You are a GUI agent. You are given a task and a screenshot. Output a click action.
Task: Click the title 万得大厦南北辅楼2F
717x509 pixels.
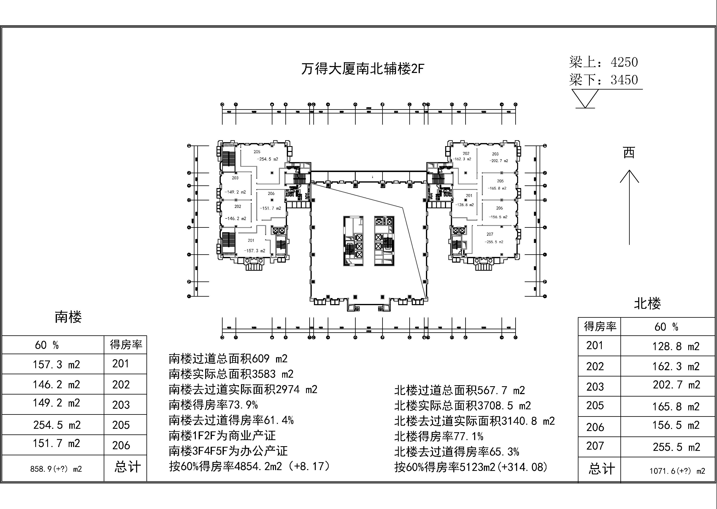tap(362, 69)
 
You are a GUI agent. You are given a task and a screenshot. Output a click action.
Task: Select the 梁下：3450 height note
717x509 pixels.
tap(603, 80)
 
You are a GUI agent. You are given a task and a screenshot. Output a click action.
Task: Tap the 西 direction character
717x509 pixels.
tap(629, 153)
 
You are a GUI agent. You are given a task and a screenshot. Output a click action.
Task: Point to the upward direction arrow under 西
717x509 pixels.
tap(629, 207)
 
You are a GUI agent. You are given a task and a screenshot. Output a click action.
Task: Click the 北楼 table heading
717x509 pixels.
tap(647, 303)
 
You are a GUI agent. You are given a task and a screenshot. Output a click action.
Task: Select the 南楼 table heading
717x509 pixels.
tap(68, 317)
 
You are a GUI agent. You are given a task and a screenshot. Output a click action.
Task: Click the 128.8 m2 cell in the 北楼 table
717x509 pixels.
tap(676, 346)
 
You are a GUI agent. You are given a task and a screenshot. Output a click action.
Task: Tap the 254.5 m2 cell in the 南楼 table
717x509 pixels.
tap(57, 425)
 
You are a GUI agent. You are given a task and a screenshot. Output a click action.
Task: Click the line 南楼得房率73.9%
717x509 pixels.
tap(213, 405)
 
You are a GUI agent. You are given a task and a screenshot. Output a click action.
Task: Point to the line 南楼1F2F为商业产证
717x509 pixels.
tap(222, 436)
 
